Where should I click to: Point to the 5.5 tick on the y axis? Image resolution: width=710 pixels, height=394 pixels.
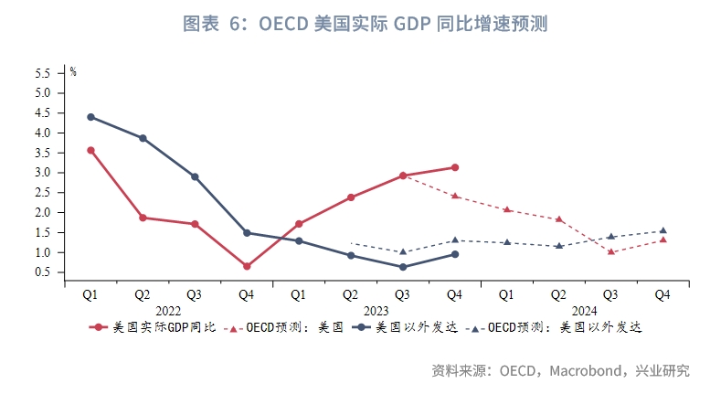coord(42,73)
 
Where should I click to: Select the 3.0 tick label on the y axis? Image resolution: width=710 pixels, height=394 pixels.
coord(42,173)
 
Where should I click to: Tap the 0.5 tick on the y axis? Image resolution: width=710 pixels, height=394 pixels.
coord(42,272)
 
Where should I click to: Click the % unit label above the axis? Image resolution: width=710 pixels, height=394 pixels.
coord(74,71)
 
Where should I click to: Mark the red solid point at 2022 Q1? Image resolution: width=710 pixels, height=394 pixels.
coord(90,150)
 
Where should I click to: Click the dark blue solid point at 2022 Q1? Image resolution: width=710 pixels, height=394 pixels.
coord(90,117)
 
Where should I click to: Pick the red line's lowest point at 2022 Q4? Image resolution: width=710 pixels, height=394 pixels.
coord(247,266)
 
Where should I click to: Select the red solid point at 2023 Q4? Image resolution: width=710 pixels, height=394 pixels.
coord(454,167)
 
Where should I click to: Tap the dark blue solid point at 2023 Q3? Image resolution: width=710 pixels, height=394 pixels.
coord(402,267)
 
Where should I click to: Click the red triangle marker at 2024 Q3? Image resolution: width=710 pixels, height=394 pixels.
coord(610,252)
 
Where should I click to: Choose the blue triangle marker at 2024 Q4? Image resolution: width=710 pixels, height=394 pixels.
coord(662,230)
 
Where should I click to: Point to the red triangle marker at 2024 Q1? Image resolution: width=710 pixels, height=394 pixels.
coord(506,209)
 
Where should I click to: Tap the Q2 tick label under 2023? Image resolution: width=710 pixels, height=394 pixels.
coord(350,295)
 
